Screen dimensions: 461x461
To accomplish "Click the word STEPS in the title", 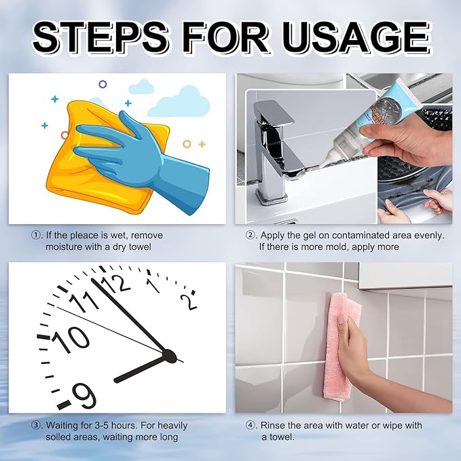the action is pos(101,37).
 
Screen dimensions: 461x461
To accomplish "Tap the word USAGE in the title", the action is pos(356,37).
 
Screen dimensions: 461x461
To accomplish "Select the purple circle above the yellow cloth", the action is pos(103,84).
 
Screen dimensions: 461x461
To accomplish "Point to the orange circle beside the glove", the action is pos(187,144).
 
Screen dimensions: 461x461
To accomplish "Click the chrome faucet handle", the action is pos(274,113).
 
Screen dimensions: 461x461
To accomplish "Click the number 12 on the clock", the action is pos(116,284).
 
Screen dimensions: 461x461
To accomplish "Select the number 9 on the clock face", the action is pos(84,396).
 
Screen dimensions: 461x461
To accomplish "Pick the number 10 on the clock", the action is pos(71,339).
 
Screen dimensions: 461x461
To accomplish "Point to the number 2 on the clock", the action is pos(189,301).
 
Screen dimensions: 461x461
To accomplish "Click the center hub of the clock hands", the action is pos(169,356).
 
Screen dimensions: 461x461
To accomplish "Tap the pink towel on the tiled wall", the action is pos(341,347).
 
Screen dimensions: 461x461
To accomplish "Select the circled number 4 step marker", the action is pos(251,426).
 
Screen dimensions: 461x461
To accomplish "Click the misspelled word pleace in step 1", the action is pos(84,236).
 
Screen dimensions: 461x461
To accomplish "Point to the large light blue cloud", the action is pos(180,103).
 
